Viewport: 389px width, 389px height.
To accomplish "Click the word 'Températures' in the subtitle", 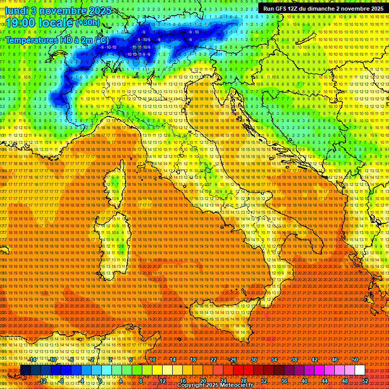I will click(x=31, y=40).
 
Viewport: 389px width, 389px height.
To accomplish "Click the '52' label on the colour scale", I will click(x=365, y=380).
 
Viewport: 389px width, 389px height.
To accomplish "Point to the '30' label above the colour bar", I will click(x=254, y=360).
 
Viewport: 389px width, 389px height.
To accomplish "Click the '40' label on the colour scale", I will click(x=304, y=380).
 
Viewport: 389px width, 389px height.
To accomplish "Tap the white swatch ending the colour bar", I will click(x=360, y=370).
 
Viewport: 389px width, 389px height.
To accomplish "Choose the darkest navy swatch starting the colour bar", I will click(x=25, y=370).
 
